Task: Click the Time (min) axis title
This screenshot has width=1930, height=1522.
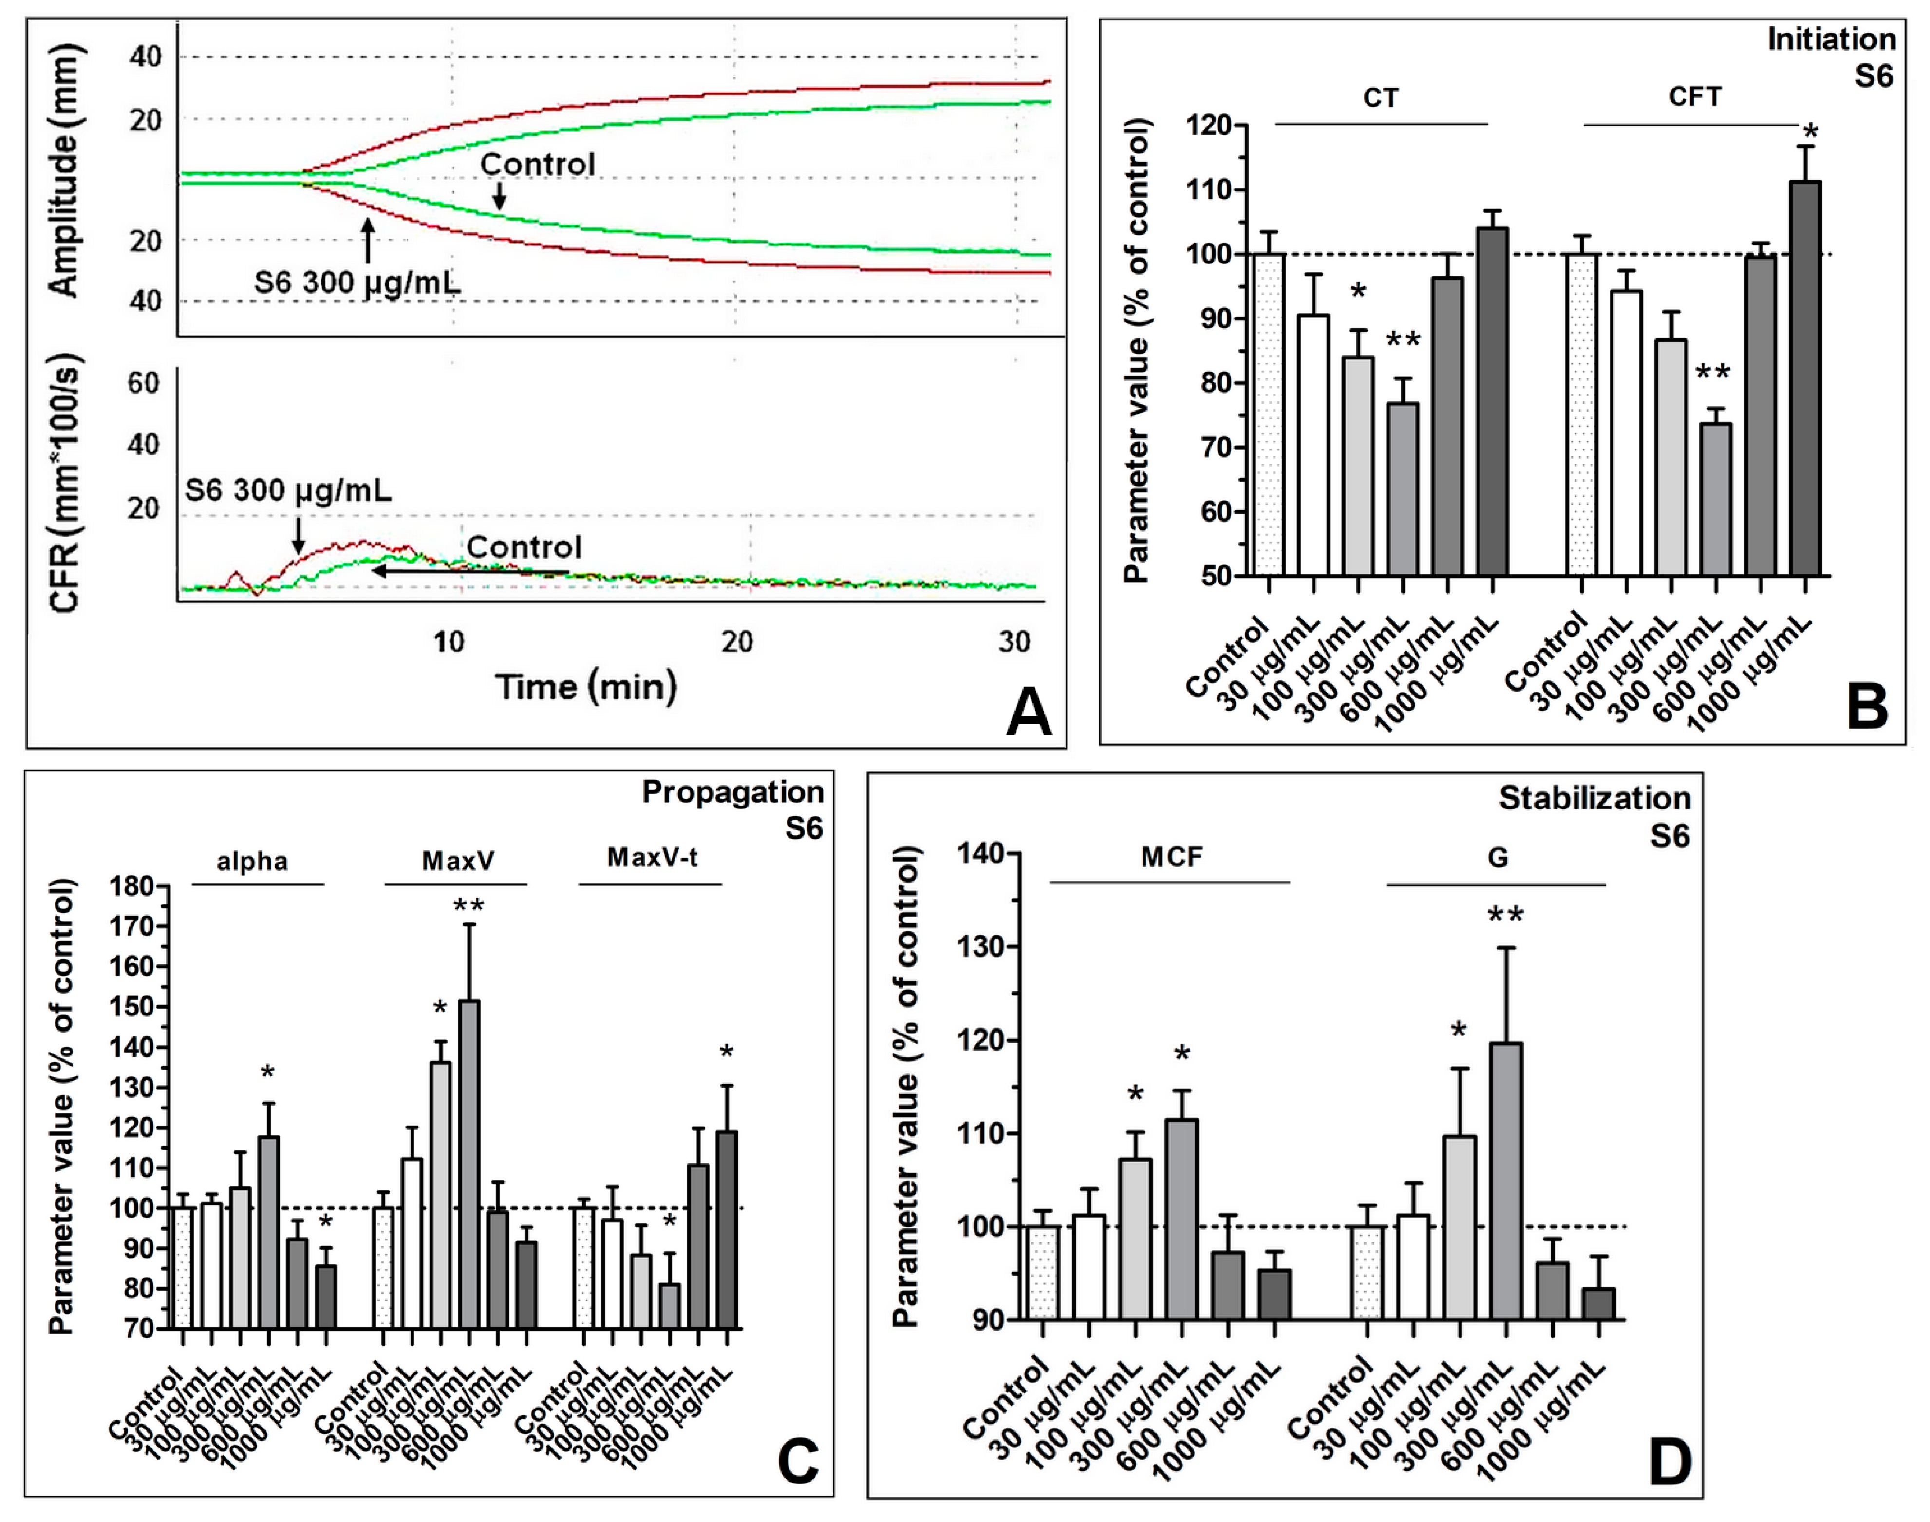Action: click(x=585, y=687)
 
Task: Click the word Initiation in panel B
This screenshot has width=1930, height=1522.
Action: click(x=1831, y=40)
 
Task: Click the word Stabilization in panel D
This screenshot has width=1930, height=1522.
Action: click(x=1594, y=798)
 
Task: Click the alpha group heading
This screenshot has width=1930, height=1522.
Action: click(x=252, y=862)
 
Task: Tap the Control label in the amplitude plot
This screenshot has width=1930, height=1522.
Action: click(x=537, y=164)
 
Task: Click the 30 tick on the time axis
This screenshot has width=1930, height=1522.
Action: click(x=1014, y=641)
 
